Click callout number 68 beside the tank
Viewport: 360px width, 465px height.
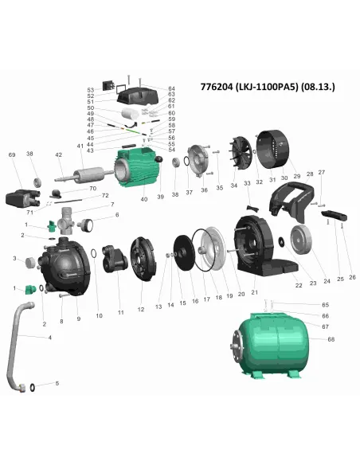[x=331, y=340]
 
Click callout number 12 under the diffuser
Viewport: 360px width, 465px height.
[x=141, y=308]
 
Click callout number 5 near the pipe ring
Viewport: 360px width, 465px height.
[x=57, y=384]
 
